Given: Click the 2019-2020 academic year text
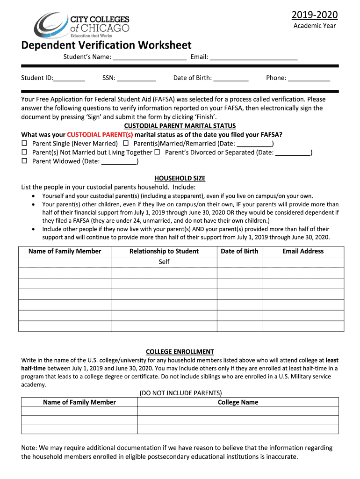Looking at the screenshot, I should [314, 15].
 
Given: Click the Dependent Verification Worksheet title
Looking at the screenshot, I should [106, 45].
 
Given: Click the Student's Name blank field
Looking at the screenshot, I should [150, 58].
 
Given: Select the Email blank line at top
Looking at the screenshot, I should [253, 58].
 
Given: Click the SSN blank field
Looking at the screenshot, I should [136, 78].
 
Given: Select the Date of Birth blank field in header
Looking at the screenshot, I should [231, 78].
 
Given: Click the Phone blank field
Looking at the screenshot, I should [309, 78].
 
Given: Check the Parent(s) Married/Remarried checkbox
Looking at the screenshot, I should [126, 144].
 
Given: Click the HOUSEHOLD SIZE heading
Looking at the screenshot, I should [180, 178].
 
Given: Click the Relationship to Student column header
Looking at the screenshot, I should [164, 251].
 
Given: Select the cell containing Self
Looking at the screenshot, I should [164, 262].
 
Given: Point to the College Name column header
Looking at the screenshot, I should [238, 402].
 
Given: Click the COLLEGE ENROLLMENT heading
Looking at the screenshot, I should [180, 352].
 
